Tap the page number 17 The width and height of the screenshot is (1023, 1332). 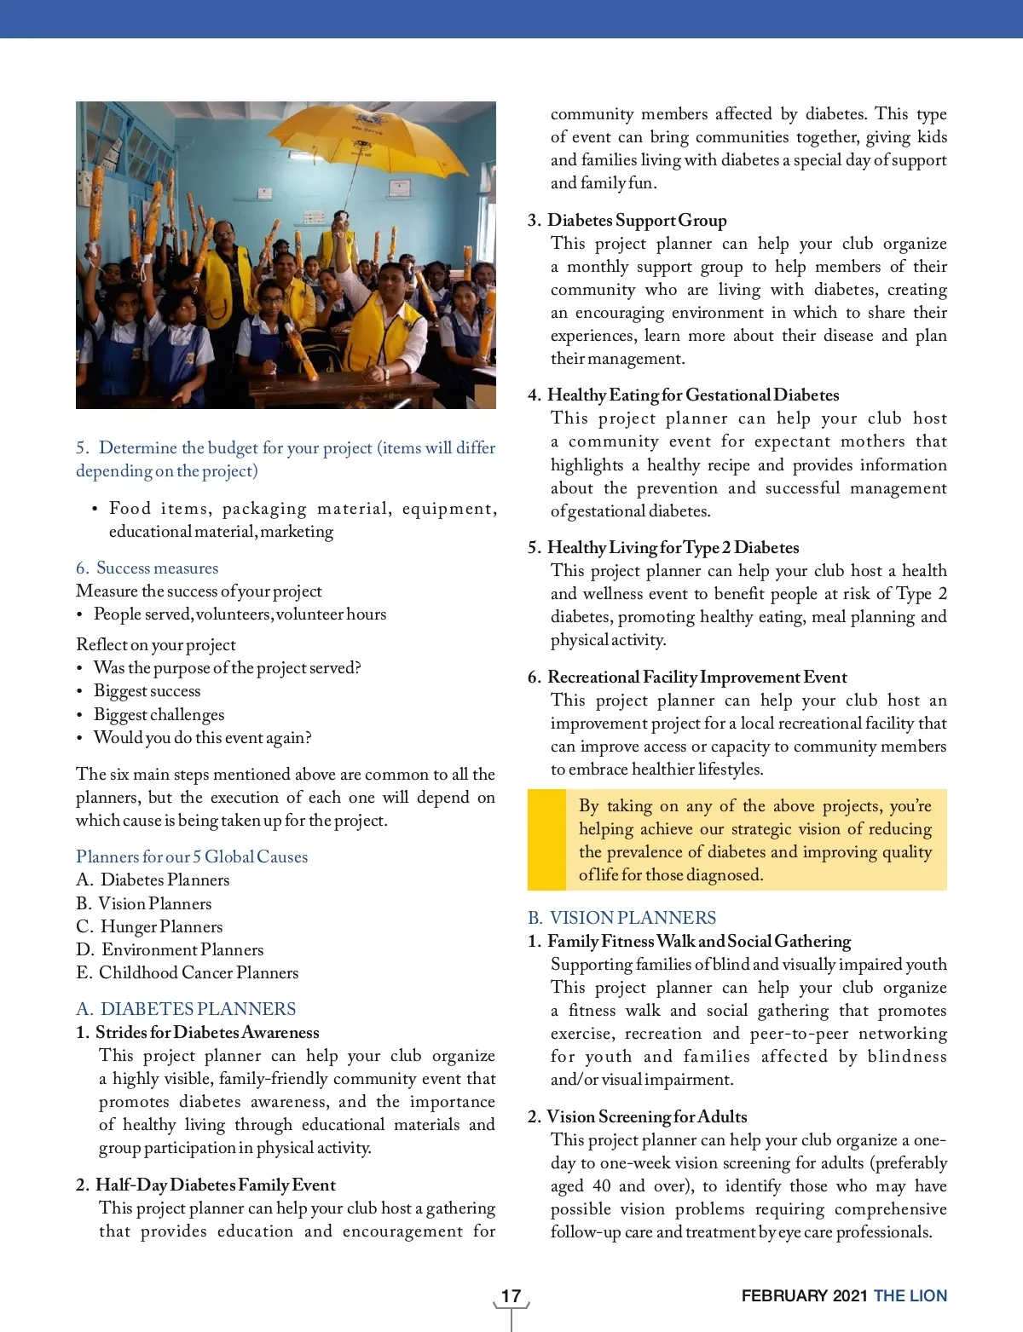[511, 1296]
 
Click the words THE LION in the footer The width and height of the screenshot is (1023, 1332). [910, 1296]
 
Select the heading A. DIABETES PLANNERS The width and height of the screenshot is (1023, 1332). [186, 1009]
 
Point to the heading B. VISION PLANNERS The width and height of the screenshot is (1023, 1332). [621, 918]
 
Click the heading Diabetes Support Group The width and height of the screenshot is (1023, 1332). [637, 221]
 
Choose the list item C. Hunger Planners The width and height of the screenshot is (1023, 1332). [149, 926]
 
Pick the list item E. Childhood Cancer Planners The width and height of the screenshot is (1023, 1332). [188, 972]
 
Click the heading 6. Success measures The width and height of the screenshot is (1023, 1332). [147, 568]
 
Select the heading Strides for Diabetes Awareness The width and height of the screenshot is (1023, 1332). [207, 1032]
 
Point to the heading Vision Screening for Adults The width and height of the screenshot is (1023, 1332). [646, 1116]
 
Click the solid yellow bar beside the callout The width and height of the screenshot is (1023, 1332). [546, 839]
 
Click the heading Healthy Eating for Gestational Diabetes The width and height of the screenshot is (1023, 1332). [692, 395]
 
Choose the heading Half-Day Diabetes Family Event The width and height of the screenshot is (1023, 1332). [215, 1185]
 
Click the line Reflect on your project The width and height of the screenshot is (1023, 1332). [156, 644]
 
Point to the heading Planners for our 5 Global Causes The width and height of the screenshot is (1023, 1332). [192, 856]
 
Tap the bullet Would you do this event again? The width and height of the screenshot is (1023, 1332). [202, 737]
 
